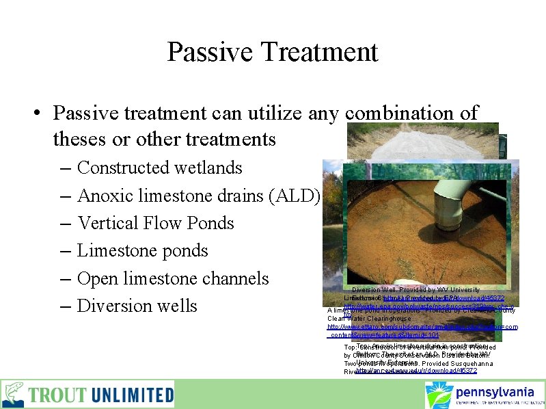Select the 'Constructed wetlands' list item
159,168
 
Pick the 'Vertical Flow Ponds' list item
155,223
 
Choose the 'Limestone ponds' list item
142,251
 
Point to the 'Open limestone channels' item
173,278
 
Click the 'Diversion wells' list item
137,306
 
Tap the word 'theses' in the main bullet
78,140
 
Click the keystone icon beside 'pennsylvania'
438,395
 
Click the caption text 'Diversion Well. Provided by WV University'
415,290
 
